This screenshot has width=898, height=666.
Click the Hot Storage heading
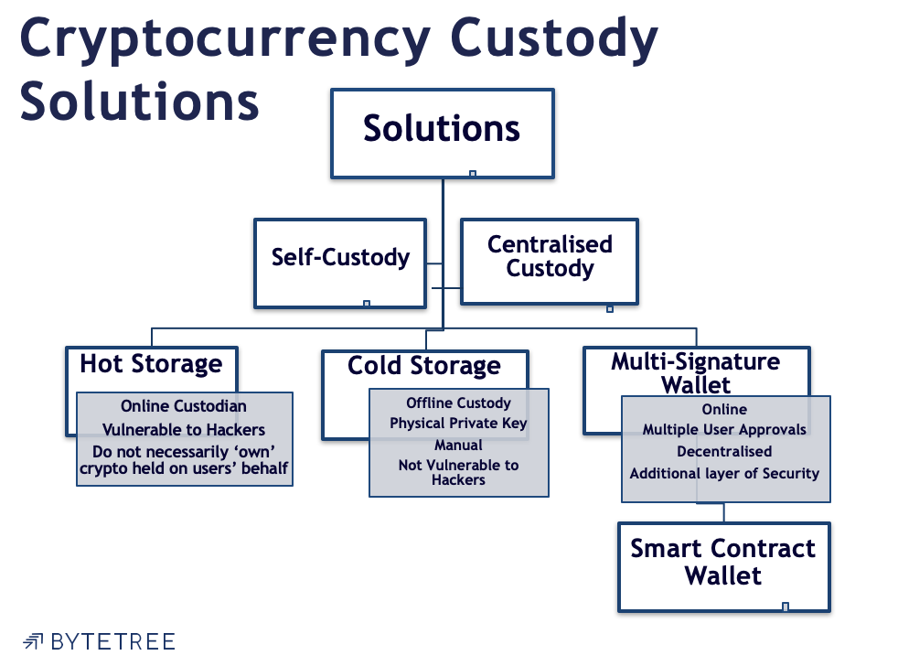coord(151,364)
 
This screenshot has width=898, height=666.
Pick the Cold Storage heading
coord(424,367)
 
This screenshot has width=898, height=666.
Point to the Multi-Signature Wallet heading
coord(696,372)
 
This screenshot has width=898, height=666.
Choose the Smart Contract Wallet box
coord(722,563)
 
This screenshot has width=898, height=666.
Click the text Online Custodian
coord(184,406)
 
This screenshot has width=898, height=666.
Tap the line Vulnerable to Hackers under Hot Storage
coord(184,429)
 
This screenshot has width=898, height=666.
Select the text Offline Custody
coord(458,403)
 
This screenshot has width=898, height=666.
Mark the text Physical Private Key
coord(458,424)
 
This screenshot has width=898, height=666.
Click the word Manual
coord(458,445)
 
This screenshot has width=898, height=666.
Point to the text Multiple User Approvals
coord(724,430)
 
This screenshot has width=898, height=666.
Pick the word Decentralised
coord(724,452)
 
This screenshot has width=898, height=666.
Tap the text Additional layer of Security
coord(724,474)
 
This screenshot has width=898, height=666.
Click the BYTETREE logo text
coord(112,641)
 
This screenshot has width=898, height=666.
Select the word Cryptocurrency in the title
coord(225,39)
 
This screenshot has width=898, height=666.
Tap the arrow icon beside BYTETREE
coord(34,641)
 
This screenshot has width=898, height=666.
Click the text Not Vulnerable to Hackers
coord(458,472)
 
